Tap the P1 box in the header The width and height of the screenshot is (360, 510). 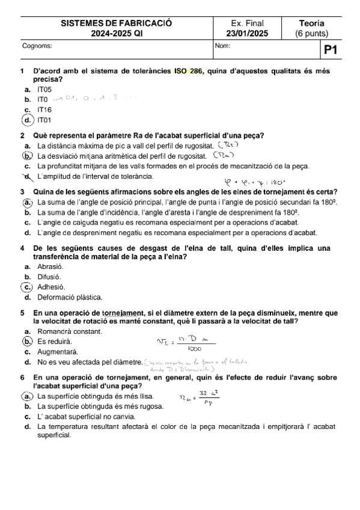331,51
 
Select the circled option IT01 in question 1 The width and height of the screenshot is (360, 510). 44,120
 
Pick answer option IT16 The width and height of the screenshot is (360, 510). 44,110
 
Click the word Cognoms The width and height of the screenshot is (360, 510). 37,45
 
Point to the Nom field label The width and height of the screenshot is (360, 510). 222,45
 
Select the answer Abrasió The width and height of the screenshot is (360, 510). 50,266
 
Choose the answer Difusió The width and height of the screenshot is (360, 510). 49,277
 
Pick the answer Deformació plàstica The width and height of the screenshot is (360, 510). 69,297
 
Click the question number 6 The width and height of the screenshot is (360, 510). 22,376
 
